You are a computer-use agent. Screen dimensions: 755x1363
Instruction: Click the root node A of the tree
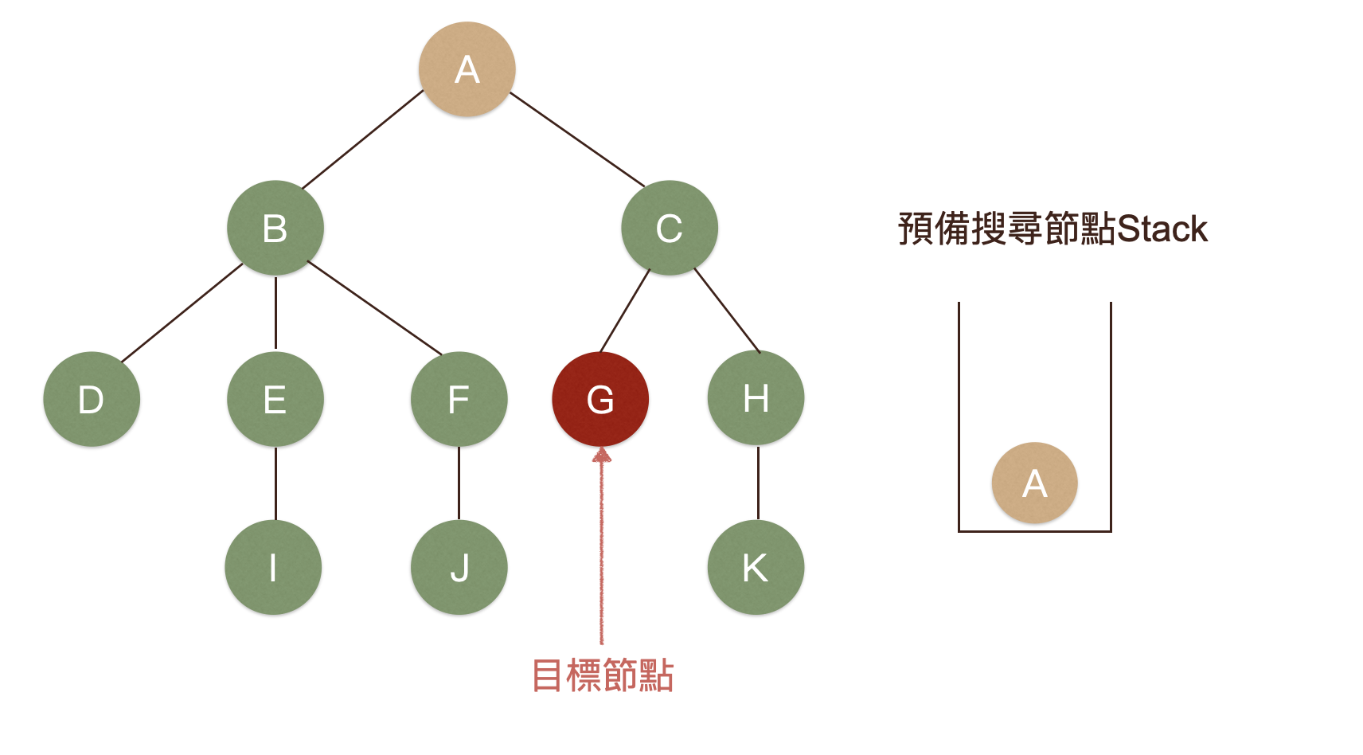[467, 69]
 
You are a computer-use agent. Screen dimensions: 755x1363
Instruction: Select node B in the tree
[275, 229]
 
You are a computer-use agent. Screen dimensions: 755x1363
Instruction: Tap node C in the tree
[670, 229]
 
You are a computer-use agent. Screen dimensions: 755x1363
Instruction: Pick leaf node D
[92, 399]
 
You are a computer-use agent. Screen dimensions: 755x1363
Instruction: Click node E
[275, 399]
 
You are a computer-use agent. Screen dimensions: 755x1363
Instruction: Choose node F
[459, 399]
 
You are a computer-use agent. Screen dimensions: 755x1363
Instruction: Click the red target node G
[600, 399]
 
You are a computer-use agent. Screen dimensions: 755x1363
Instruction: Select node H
[756, 397]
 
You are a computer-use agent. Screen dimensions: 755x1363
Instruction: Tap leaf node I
[273, 567]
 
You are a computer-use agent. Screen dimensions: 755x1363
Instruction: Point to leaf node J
[459, 567]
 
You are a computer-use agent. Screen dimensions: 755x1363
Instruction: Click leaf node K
[756, 567]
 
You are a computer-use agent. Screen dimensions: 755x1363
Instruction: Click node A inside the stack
[1034, 483]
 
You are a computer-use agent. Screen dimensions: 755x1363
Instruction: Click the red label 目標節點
[603, 675]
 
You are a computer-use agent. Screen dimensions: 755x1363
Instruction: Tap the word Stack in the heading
[1162, 229]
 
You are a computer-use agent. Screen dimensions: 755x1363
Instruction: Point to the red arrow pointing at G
[602, 550]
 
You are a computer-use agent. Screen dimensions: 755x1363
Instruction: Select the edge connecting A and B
[363, 139]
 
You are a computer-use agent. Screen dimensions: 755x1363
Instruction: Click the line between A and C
[577, 139]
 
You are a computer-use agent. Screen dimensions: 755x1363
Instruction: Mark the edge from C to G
[625, 311]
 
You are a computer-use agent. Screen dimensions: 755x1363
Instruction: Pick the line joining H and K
[758, 483]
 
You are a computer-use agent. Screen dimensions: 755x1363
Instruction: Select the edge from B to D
[182, 313]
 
